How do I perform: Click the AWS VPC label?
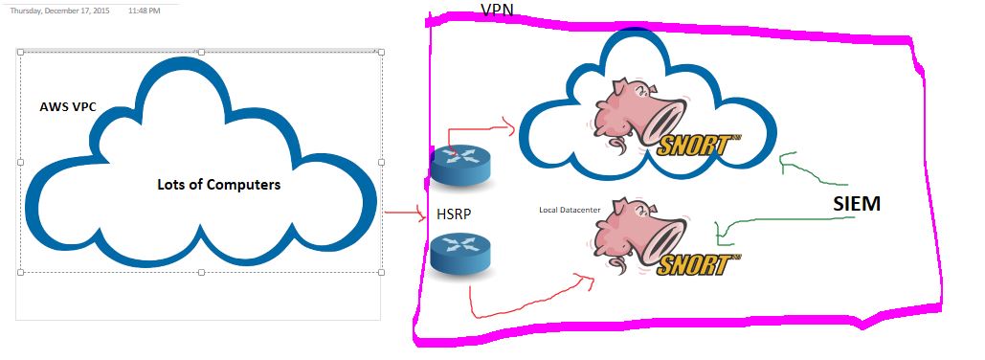point(68,107)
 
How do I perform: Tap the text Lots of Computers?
point(218,185)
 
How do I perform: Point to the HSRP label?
point(454,214)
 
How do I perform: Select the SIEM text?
point(856,204)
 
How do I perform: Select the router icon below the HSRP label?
point(460,253)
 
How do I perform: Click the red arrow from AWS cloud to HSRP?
point(405,214)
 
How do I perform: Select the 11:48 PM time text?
point(144,11)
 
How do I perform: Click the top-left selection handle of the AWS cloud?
point(20,52)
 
